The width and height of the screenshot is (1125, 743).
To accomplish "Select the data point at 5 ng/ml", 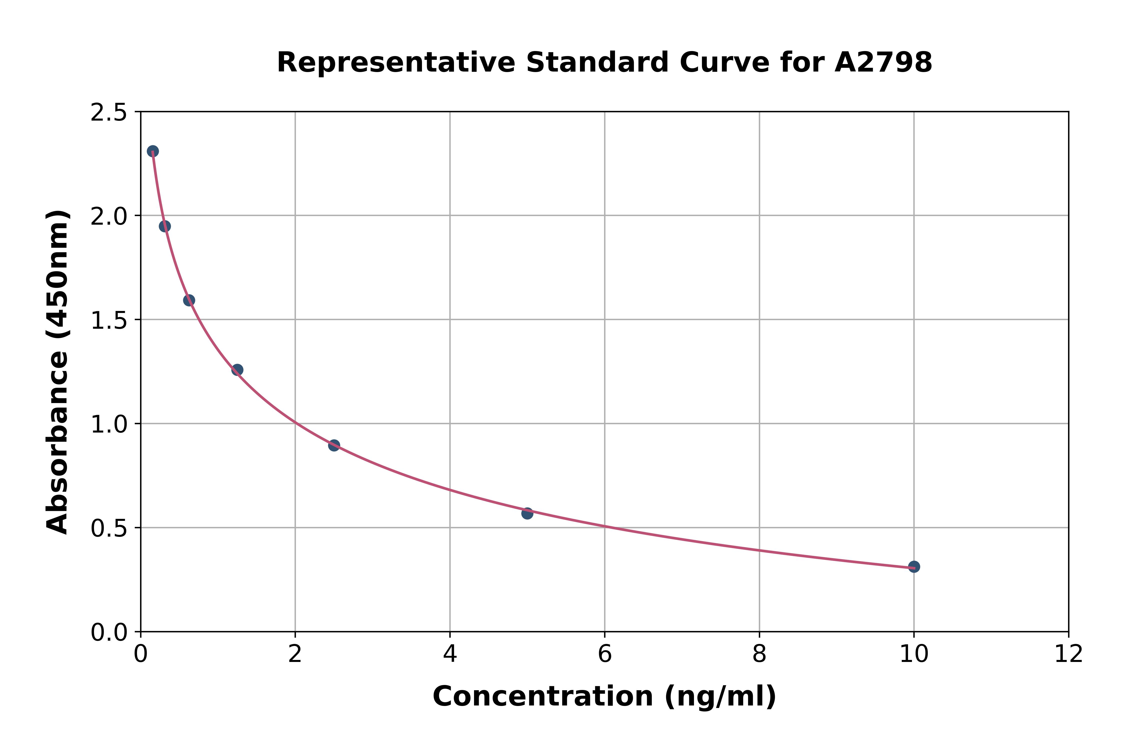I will (x=527, y=513).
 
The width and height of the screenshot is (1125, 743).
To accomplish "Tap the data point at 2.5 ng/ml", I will (x=334, y=445).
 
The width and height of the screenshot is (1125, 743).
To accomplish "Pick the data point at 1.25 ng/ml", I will (x=237, y=369).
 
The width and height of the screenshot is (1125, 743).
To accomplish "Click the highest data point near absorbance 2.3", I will (x=152, y=151).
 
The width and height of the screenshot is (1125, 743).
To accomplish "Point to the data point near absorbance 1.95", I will (x=165, y=226).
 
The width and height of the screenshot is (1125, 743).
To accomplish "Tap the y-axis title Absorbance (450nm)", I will (x=58, y=372).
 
